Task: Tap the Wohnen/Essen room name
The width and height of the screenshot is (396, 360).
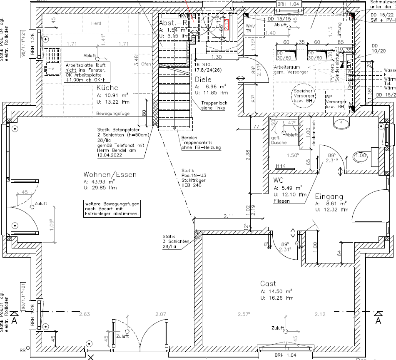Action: click(x=110, y=175)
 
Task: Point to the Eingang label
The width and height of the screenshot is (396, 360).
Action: click(x=329, y=196)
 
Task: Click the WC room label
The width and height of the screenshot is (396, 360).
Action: click(x=278, y=181)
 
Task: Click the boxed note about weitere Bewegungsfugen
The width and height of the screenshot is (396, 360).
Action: click(x=112, y=209)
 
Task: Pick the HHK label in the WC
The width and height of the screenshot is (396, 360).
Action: click(x=281, y=166)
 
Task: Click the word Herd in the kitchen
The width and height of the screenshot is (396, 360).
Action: click(x=96, y=23)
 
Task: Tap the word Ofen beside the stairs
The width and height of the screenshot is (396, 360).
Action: click(x=146, y=64)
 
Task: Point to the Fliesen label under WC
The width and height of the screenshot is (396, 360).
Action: click(x=281, y=201)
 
